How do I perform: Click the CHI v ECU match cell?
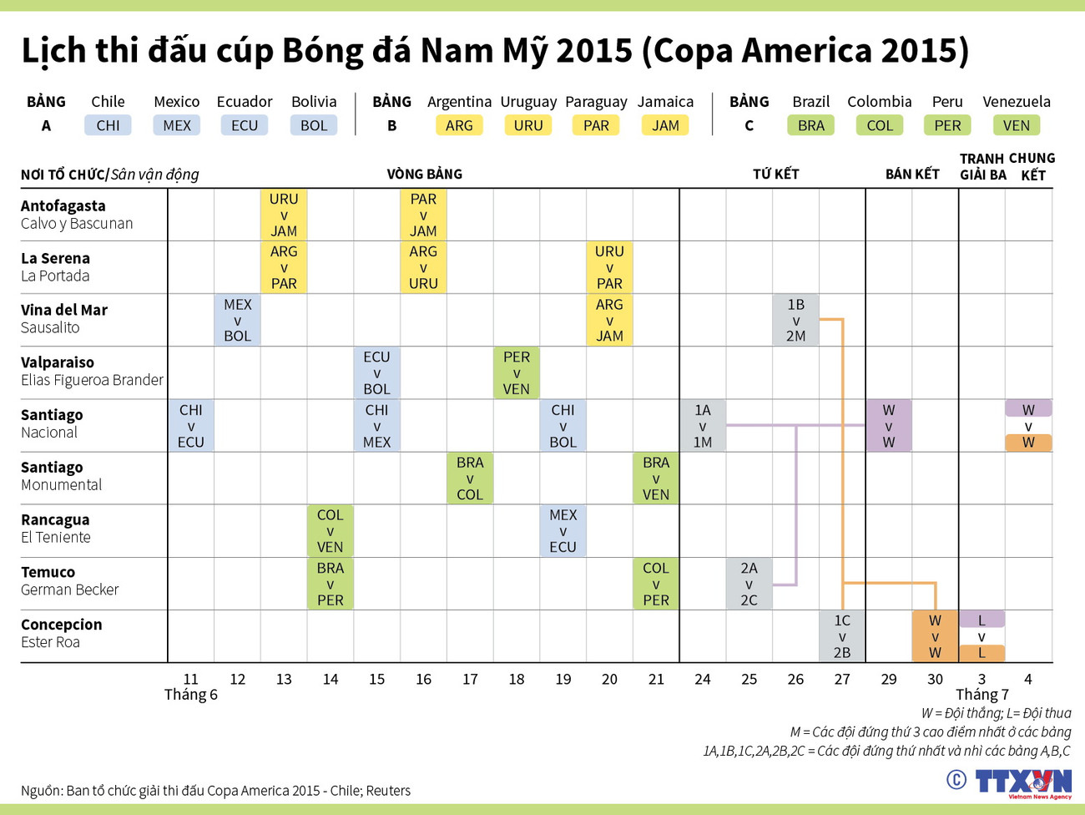(191, 426)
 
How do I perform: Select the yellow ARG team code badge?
(459, 125)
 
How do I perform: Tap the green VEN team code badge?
(1016, 125)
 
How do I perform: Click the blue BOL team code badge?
(314, 125)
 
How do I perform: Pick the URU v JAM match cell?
(284, 215)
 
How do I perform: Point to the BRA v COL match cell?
(470, 478)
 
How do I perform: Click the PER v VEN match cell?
(517, 372)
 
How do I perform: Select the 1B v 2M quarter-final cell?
(795, 320)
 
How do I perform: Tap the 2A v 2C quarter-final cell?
(749, 584)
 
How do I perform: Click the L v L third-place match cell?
(982, 636)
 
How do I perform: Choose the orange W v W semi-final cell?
(935, 636)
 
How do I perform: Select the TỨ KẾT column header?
(775, 174)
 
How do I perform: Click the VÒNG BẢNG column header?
(424, 174)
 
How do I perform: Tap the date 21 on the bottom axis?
(656, 679)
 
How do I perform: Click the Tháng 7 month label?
(982, 695)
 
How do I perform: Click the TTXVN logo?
(1022, 783)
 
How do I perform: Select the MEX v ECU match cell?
(563, 531)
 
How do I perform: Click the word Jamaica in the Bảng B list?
(665, 102)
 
